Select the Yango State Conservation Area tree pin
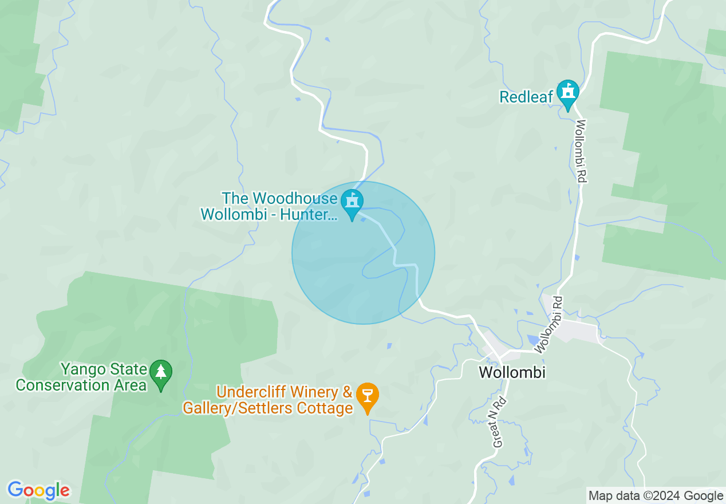[161, 373]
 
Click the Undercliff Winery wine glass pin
[367, 395]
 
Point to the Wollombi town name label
[512, 372]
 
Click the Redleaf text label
[526, 97]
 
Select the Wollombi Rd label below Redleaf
[581, 151]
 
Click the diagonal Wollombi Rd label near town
[548, 324]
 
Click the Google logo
[38, 491]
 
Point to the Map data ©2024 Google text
[656, 496]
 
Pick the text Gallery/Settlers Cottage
[267, 408]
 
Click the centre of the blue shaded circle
[363, 253]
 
